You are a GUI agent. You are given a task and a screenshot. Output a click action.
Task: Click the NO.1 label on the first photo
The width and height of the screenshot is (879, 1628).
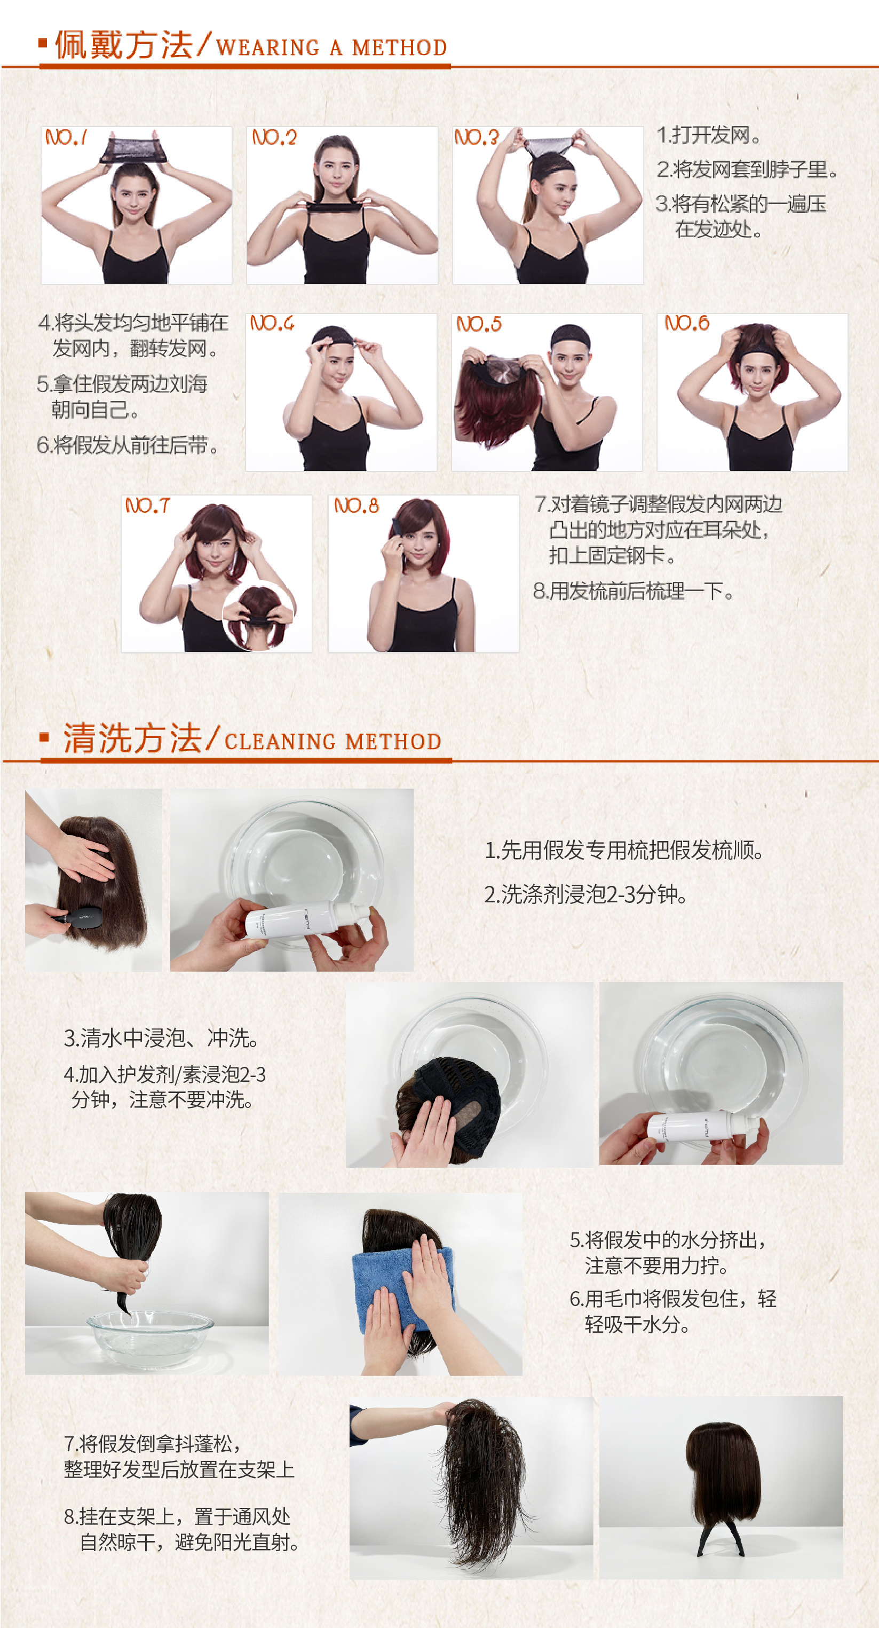click(66, 137)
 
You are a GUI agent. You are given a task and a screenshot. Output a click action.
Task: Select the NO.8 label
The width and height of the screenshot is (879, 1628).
click(357, 506)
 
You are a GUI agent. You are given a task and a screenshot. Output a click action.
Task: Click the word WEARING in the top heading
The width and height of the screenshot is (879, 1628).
click(268, 48)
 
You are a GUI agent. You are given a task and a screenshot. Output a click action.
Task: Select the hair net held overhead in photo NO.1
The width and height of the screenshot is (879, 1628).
click(131, 148)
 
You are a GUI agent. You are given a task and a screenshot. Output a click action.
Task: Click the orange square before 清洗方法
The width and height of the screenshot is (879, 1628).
click(44, 737)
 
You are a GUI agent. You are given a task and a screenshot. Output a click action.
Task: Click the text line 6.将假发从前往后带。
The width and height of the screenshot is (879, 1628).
click(128, 445)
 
